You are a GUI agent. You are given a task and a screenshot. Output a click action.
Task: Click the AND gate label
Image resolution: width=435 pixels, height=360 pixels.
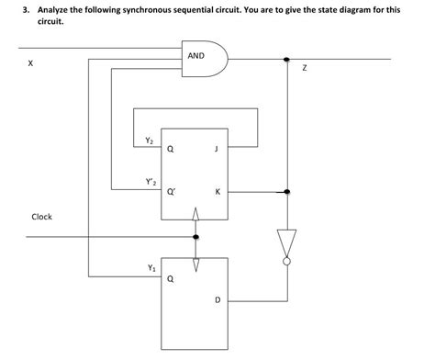coord(195,56)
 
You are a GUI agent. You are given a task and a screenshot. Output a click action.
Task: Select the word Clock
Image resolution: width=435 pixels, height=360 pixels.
coord(42,217)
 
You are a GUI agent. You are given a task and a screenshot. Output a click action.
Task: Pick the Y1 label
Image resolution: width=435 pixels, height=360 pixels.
coord(149,267)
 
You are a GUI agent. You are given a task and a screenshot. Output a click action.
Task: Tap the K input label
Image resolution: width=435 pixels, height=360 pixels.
coord(217,192)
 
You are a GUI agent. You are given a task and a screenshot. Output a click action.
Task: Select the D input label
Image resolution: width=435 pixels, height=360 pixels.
coord(217,299)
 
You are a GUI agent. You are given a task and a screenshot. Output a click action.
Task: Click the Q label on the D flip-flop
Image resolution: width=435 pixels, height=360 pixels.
coord(170,280)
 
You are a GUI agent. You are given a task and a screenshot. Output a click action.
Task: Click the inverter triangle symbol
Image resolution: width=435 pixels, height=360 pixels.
coord(287,244)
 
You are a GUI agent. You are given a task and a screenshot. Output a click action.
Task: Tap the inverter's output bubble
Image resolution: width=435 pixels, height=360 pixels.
coord(287,262)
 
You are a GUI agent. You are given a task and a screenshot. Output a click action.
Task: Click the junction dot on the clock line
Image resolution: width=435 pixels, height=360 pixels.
coord(195,236)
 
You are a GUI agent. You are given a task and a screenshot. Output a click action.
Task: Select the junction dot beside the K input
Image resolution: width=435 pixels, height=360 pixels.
coord(287,192)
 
